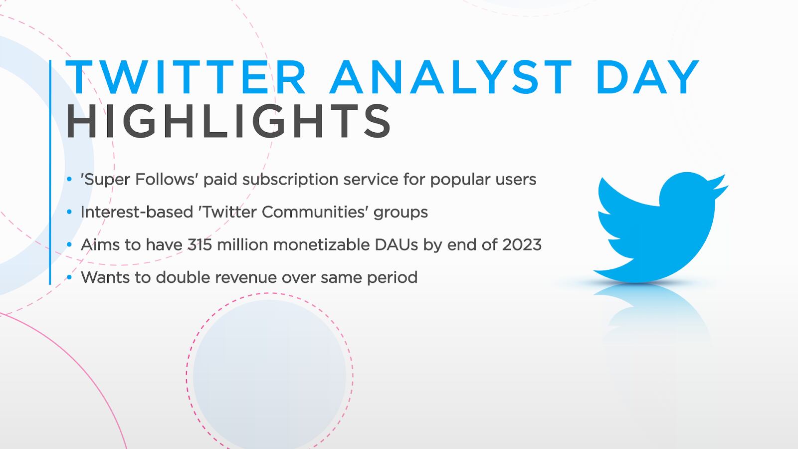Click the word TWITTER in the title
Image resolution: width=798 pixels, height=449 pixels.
pos(186,77)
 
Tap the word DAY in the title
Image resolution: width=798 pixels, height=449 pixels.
pos(648,77)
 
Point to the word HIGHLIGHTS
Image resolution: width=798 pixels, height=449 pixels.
pos(228,121)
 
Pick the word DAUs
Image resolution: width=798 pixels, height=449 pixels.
pos(396,245)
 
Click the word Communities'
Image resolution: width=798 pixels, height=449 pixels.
pos(315,213)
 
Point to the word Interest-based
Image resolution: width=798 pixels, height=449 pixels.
pos(137,212)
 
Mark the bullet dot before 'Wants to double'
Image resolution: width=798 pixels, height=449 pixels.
pos(69,277)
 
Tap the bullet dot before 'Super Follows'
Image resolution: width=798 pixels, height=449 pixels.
pos(69,179)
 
